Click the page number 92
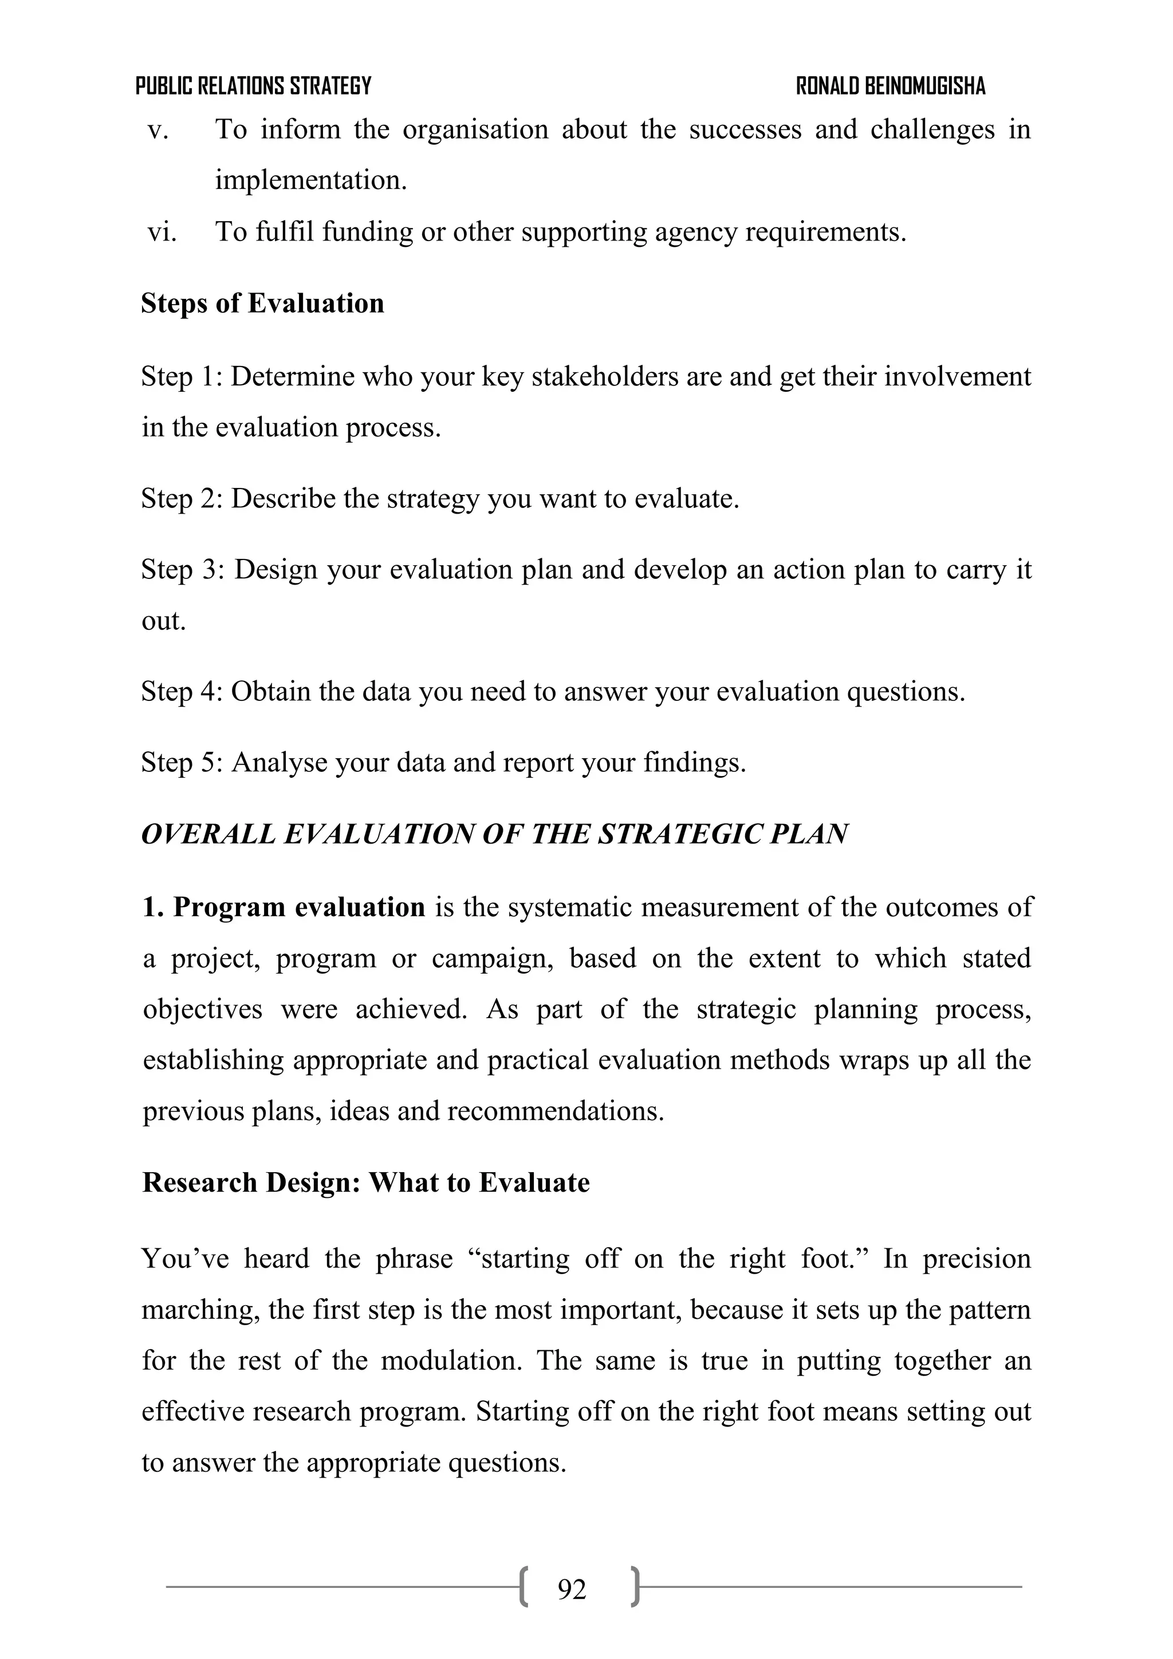(x=572, y=1590)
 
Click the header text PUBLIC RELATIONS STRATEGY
(x=253, y=86)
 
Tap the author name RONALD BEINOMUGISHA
(x=891, y=86)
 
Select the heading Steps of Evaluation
(x=262, y=304)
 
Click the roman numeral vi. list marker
(x=162, y=232)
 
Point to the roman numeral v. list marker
(x=158, y=130)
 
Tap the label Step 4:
(x=182, y=692)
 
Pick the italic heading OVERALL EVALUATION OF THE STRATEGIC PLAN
(x=494, y=834)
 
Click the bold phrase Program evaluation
(x=298, y=908)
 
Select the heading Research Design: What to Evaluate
(x=366, y=1183)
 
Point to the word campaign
(x=492, y=959)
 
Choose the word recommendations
(x=555, y=1110)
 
